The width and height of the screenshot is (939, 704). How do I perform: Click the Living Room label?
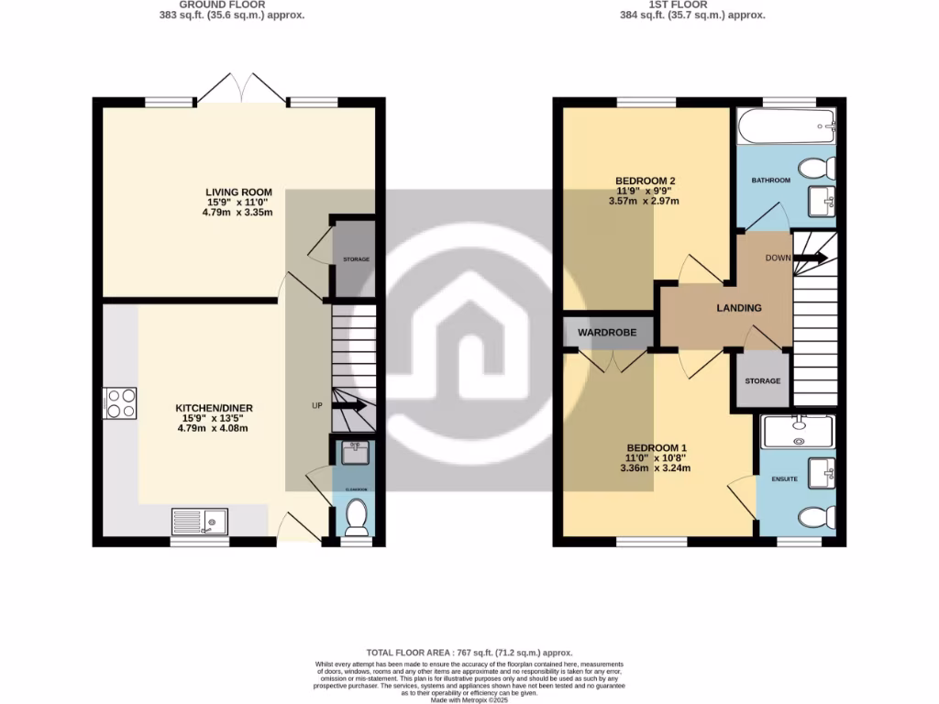[x=238, y=192]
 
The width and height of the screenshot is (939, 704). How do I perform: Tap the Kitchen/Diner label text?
[x=214, y=408]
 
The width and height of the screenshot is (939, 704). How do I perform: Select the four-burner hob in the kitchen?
[x=121, y=403]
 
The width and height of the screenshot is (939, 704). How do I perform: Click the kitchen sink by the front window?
[x=199, y=522]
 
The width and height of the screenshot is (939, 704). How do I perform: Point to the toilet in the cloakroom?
[x=356, y=516]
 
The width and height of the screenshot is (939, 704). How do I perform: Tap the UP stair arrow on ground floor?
[x=348, y=405]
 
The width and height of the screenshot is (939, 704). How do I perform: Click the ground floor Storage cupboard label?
[x=356, y=259]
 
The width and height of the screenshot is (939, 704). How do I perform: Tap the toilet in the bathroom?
[x=817, y=169]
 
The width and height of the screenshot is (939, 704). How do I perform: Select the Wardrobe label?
[x=607, y=332]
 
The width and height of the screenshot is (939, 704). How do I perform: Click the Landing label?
[x=739, y=308]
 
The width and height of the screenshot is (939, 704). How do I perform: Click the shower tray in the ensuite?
[x=798, y=429]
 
